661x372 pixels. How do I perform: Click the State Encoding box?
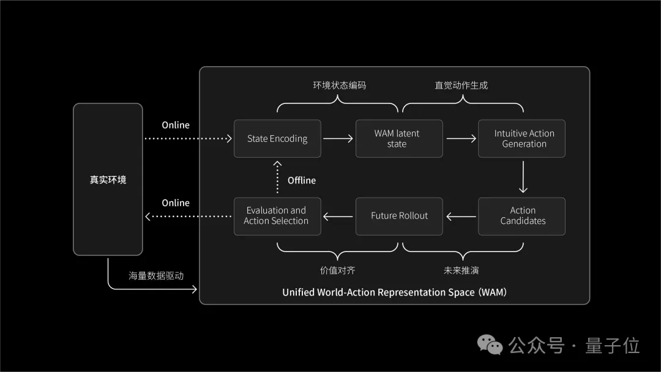[x=277, y=139]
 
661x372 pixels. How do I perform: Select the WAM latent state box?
[x=398, y=139]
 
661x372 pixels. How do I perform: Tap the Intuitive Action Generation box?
[x=521, y=139]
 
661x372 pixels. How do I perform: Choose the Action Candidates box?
[x=521, y=216]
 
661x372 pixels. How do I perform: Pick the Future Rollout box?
[x=398, y=216]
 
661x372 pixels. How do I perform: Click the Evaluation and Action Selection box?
[x=277, y=216]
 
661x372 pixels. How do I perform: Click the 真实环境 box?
[x=108, y=179]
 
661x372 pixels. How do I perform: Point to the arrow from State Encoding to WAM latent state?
[x=338, y=139]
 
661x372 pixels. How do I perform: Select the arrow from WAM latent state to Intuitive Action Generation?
[x=461, y=139]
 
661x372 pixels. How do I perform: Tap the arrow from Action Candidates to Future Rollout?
[x=461, y=216]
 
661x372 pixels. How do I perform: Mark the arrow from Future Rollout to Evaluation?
[x=338, y=216]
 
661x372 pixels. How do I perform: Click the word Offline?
[x=302, y=180]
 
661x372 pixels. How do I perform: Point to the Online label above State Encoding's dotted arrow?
[x=176, y=125]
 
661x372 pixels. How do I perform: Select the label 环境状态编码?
[x=339, y=86]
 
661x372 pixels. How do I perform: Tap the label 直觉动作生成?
[x=461, y=86]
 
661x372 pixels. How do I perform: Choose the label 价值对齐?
[x=337, y=270]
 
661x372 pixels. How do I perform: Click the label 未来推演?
[x=461, y=270]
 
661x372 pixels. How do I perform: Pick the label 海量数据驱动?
[x=156, y=276]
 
